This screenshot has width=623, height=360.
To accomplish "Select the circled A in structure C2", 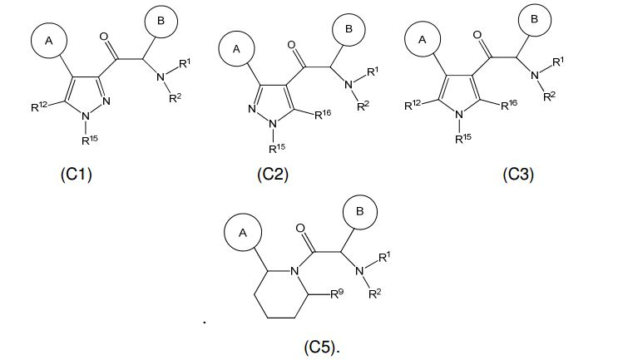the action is (235, 50).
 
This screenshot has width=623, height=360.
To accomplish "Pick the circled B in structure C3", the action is (533, 18).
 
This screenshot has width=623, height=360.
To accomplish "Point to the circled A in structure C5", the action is (243, 234).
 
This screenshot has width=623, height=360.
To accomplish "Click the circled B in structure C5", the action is (359, 212).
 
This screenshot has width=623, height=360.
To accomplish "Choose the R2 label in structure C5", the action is (377, 292).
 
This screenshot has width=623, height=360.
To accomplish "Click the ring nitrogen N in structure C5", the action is (294, 269).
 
